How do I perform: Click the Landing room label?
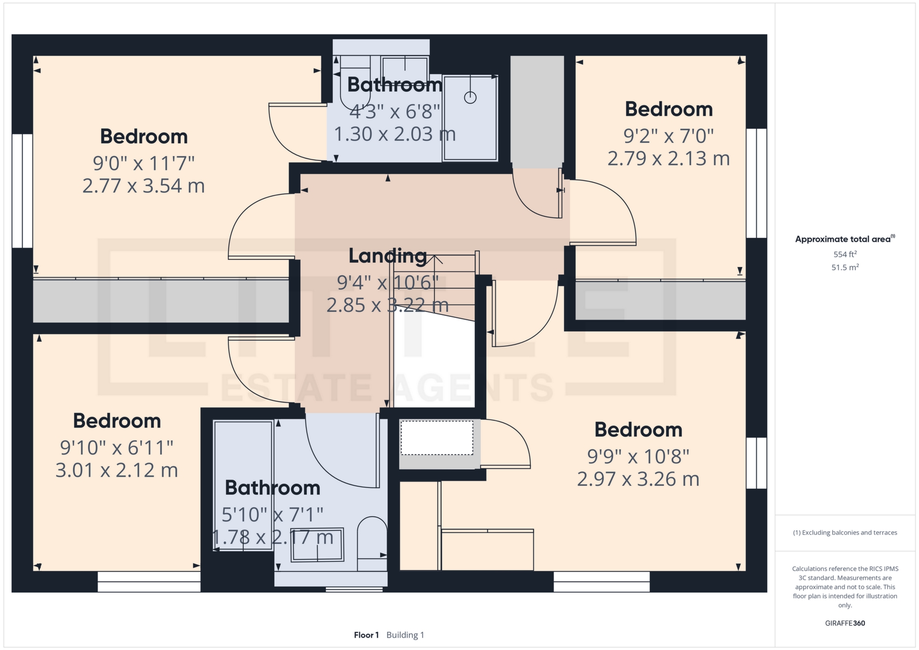[x=388, y=256]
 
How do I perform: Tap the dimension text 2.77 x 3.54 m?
[x=144, y=186]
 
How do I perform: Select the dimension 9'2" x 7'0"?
[x=669, y=136]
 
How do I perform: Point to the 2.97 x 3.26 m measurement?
[x=638, y=479]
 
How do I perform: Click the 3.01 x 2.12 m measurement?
[x=117, y=471]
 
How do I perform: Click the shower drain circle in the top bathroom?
[x=471, y=98]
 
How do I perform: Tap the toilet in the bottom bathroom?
[x=372, y=543]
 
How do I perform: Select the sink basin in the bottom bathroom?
[x=318, y=544]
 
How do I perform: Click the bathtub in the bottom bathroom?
[x=243, y=485]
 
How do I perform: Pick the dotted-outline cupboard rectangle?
[x=437, y=437]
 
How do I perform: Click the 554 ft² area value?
[x=845, y=254]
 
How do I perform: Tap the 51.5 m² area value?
[x=845, y=267]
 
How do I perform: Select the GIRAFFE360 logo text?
[x=845, y=623]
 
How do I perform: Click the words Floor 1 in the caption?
[x=366, y=635]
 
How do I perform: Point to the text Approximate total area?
[x=843, y=239]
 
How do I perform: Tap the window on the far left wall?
[x=22, y=191]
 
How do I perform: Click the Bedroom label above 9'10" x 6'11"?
[x=117, y=421]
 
